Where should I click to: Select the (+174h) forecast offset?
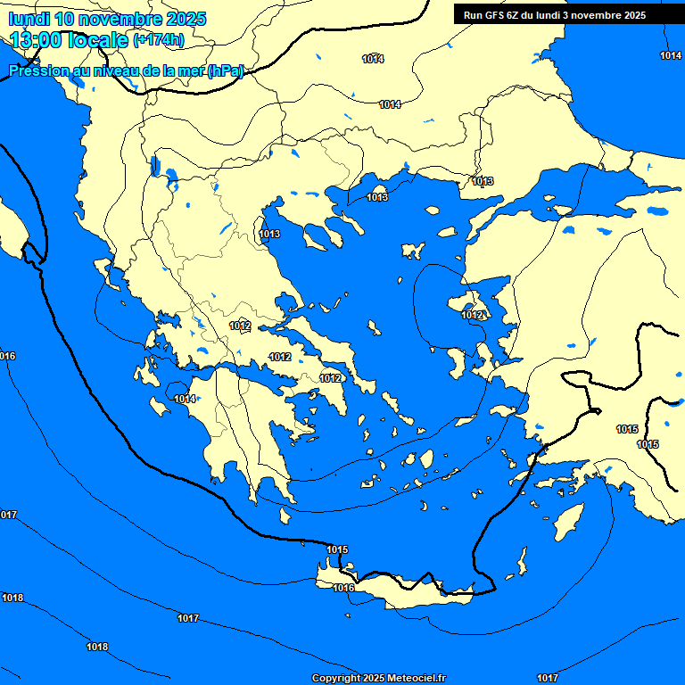[x=158, y=41]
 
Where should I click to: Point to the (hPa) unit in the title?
[x=225, y=71]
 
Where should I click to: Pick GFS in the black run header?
[x=495, y=15]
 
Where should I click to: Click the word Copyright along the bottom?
[x=334, y=679]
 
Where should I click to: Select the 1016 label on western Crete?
[x=343, y=588]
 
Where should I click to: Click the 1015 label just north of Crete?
[x=337, y=549]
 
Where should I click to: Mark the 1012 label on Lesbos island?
[x=472, y=315]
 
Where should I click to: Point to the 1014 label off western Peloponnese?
[x=185, y=399]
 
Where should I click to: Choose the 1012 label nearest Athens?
[x=330, y=378]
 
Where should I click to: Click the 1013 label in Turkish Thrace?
[x=483, y=181]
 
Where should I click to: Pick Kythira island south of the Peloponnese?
[x=285, y=516]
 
